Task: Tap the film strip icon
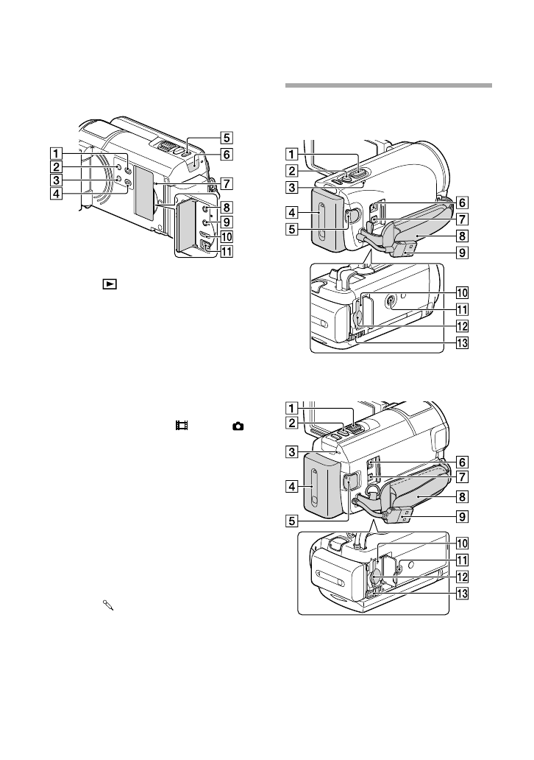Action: pos(181,426)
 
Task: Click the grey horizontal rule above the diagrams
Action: pos(388,85)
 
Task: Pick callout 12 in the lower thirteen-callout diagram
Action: pos(462,576)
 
